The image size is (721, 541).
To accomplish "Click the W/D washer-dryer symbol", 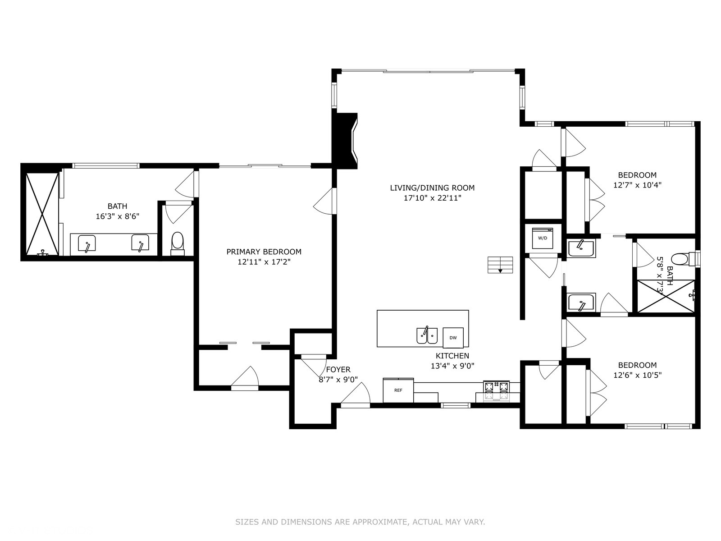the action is [542, 238].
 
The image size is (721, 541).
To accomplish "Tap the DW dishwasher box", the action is [453, 338].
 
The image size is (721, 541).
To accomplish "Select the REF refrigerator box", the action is [398, 390].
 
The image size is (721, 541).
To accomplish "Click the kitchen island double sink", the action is [427, 335].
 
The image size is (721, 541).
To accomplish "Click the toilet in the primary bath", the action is [178, 243].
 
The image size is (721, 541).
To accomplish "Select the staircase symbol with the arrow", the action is [500, 265].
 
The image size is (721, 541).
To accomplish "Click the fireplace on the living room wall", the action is [345, 141].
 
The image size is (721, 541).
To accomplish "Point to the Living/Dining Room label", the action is [432, 188].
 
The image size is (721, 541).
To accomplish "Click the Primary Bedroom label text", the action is [264, 252].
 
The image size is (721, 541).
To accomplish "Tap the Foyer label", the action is [338, 370].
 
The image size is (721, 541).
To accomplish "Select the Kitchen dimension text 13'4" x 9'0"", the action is [452, 366].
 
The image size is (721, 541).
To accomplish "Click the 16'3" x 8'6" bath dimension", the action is [118, 216].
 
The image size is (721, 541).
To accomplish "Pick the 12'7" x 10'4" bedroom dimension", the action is [637, 185].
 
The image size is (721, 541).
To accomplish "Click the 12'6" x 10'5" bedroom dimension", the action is [637, 375].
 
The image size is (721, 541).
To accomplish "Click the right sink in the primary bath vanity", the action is [140, 243].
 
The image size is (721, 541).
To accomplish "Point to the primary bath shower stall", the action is [42, 214].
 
